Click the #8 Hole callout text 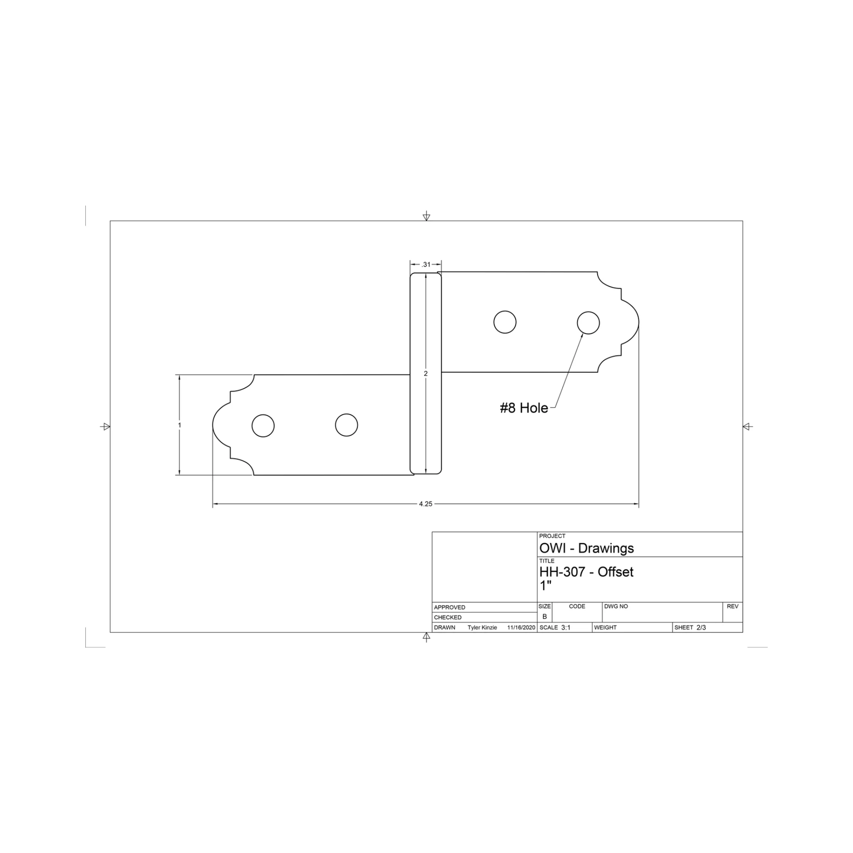point(524,408)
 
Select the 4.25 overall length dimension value point(426,504)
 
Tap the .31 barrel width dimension point(426,264)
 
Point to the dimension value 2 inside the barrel point(426,373)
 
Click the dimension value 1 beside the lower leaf point(180,425)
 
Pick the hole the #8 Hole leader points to point(588,323)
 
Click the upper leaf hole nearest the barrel point(505,322)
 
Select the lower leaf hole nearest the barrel point(346,425)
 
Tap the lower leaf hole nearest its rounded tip point(263,426)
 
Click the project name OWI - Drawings point(586,548)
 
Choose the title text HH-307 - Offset point(586,572)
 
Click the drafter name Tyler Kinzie point(482,627)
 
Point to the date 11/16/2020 point(521,627)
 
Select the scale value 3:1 point(565,627)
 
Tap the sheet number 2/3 point(701,627)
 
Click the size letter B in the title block point(544,617)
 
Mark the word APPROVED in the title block point(450,607)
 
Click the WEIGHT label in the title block point(605,627)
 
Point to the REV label point(732,606)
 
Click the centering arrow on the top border point(426,217)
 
